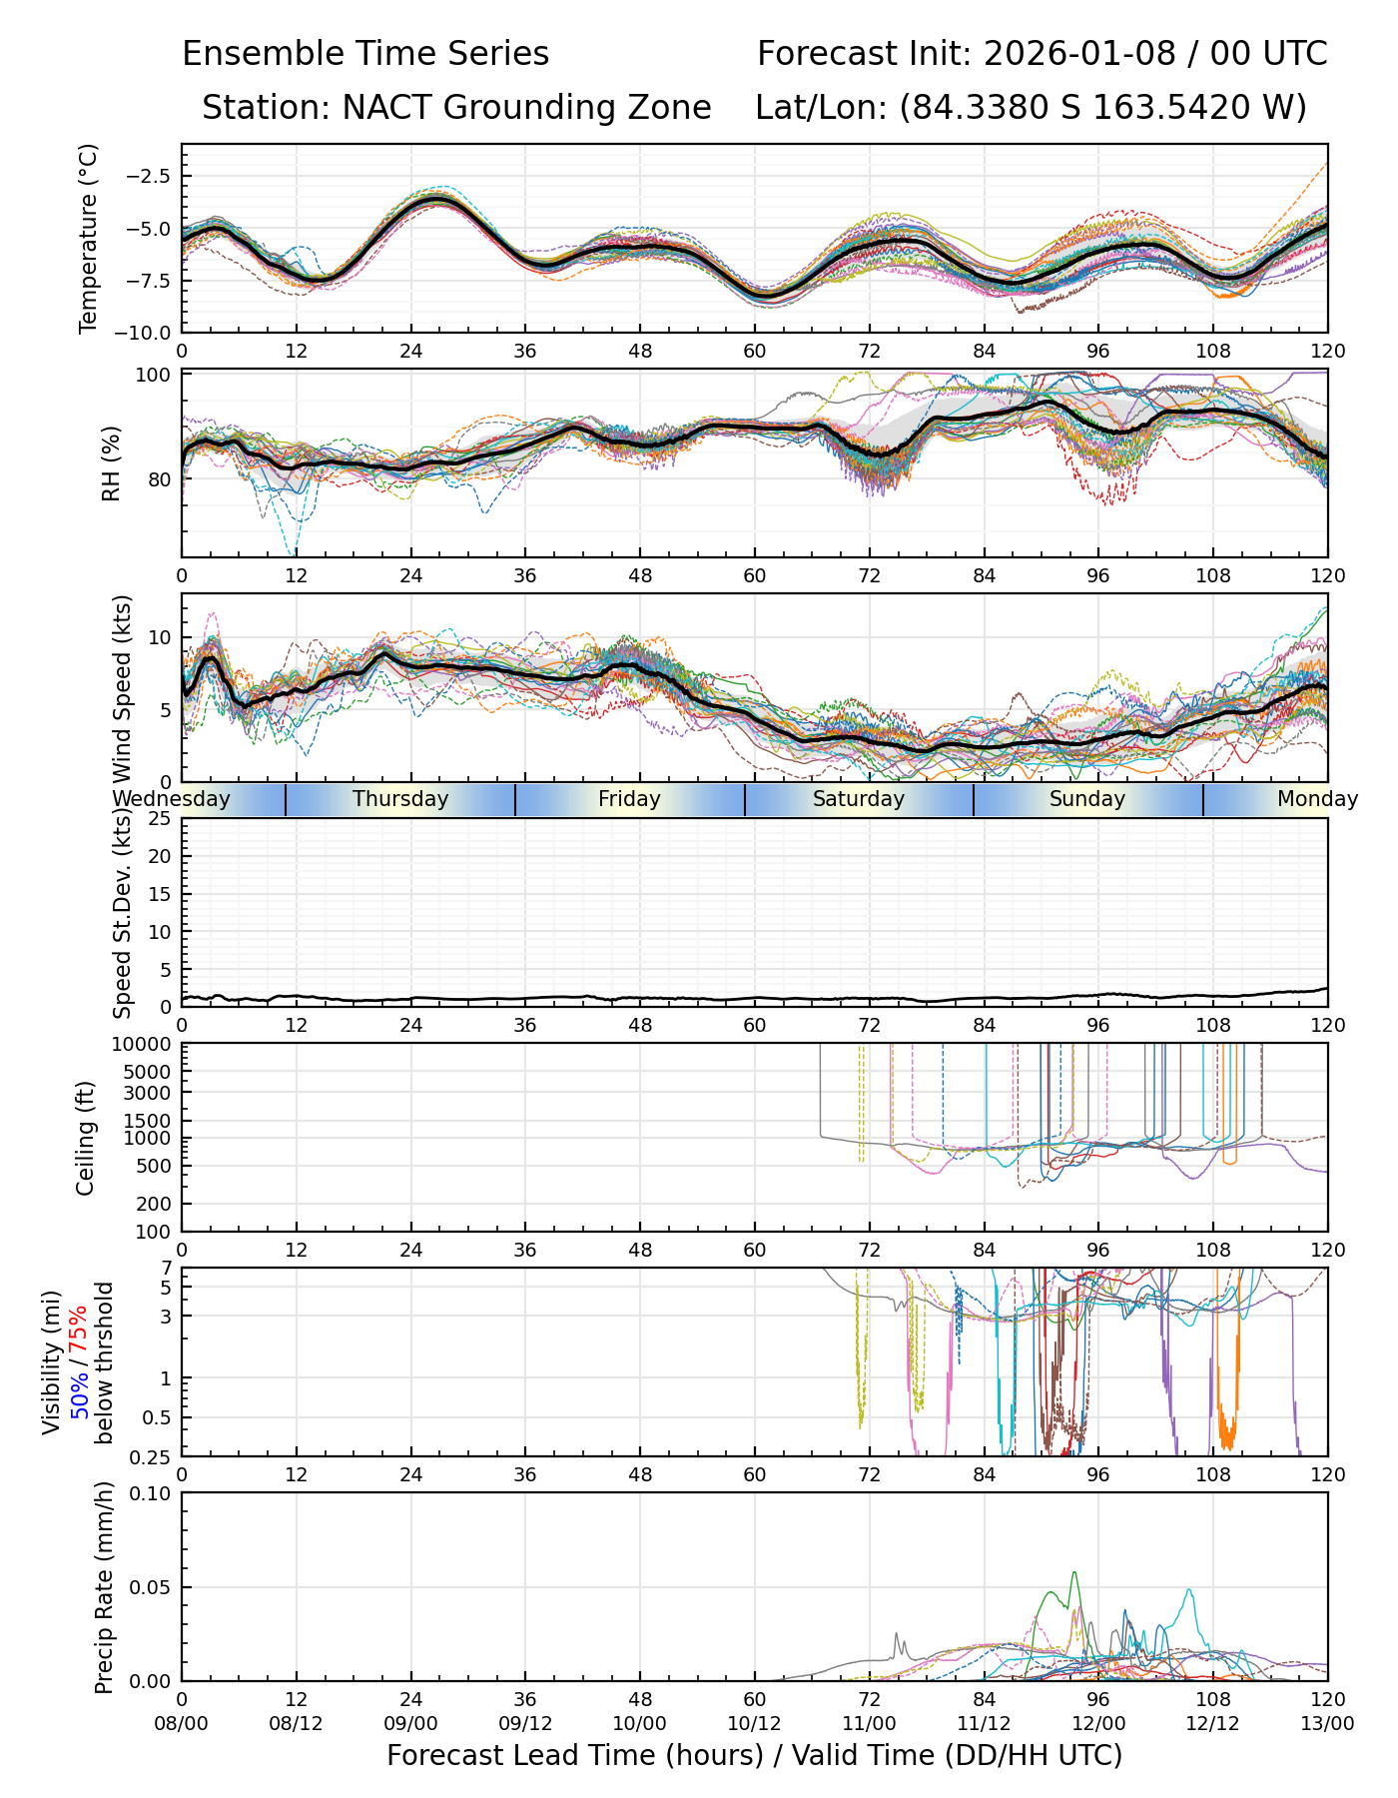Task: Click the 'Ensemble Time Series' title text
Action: click(365, 54)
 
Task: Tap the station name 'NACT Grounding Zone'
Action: click(526, 108)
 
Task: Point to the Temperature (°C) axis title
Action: click(89, 238)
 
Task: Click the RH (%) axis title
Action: click(111, 463)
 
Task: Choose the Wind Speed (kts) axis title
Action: click(122, 688)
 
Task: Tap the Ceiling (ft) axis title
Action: click(87, 1138)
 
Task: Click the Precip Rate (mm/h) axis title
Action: click(104, 1587)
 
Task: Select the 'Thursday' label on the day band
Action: click(400, 799)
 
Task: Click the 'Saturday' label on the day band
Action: click(859, 799)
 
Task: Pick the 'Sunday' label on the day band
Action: click(1087, 799)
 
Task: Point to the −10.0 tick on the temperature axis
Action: click(148, 332)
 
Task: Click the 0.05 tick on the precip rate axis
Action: click(154, 1587)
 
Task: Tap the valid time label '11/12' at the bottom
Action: click(984, 1724)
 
